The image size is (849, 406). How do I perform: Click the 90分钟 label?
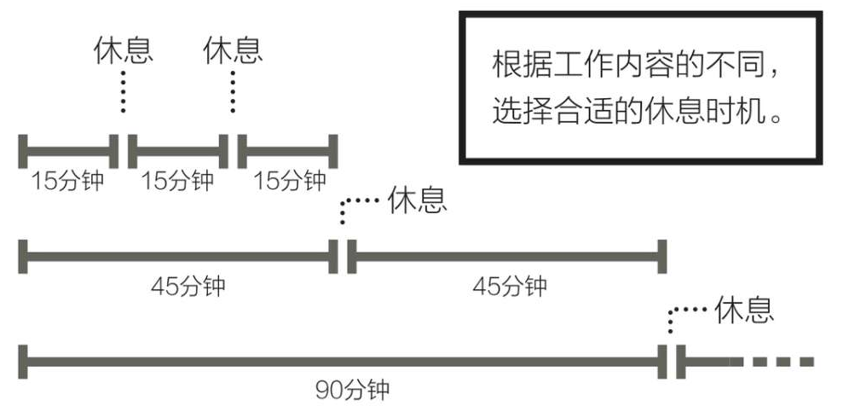pyautogui.click(x=352, y=390)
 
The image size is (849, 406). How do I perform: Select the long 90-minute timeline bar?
pyautogui.click(x=346, y=361)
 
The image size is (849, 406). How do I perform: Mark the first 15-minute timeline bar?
pyautogui.click(x=68, y=152)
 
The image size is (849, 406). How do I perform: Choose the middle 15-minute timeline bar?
pyautogui.click(x=178, y=152)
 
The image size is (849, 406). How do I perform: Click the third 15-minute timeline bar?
pyautogui.click(x=288, y=152)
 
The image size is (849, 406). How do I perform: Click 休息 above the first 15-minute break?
pyautogui.click(x=124, y=50)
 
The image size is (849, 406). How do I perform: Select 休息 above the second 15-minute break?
pyautogui.click(x=233, y=50)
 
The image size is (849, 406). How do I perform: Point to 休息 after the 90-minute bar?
pyautogui.click(x=744, y=309)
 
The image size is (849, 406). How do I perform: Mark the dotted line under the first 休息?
pyautogui.click(x=124, y=92)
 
